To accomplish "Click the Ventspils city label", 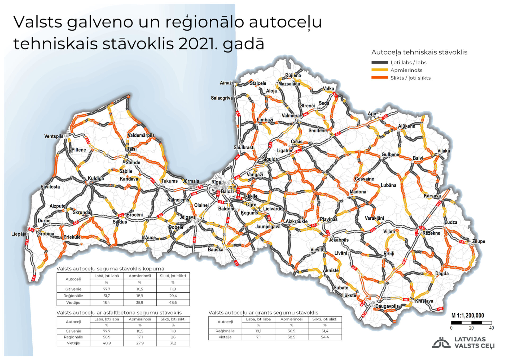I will tap(54, 136).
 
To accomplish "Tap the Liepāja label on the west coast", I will tap(19, 234).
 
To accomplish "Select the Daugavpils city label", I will tap(387, 306).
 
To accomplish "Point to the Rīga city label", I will tap(216, 182).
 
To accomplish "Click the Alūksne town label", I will tap(406, 126).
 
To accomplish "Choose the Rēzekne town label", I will tap(431, 233).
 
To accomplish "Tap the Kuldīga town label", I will tap(96, 178).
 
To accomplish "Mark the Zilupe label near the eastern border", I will tap(479, 241).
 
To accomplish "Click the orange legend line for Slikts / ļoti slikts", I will tap(380, 78).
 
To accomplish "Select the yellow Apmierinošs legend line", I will tap(380, 70).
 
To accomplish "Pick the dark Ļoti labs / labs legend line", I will tap(380, 63).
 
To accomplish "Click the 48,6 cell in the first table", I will tap(173, 302).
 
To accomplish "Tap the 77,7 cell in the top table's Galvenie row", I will tap(107, 289).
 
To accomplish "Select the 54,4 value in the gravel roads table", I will tap(325, 337).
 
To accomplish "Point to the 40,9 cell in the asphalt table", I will tap(107, 343).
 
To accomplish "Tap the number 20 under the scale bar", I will tap(471, 328).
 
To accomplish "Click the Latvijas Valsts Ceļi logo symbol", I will tap(441, 342).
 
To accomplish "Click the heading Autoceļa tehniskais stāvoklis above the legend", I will tap(419, 52).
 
